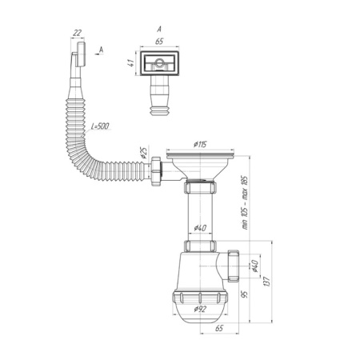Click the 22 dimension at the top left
77,33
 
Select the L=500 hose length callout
100,126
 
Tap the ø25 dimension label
143,152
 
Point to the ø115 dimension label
200,145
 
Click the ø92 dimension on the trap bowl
200,309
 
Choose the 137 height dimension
266,282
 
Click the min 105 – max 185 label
245,202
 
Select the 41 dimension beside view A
131,63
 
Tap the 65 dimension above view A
159,42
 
